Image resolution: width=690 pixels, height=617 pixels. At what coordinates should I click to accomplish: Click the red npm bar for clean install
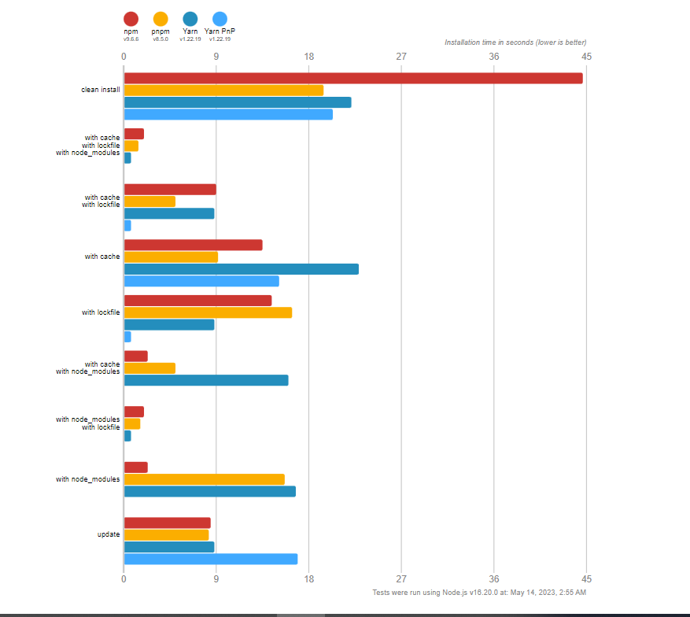tap(352, 78)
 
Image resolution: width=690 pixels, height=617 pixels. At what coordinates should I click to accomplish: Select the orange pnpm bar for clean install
tap(223, 90)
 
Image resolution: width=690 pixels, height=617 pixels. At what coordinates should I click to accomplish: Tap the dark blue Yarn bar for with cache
tap(241, 269)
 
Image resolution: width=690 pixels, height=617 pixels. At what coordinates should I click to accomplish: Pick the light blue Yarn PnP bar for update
tap(210, 559)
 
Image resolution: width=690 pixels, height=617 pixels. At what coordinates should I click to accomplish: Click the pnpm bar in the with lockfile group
tap(208, 312)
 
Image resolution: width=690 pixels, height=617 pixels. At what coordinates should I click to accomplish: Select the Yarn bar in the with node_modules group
tap(209, 491)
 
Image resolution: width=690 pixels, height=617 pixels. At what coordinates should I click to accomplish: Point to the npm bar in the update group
tap(167, 523)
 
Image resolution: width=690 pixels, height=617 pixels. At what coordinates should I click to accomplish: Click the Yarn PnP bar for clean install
tap(228, 114)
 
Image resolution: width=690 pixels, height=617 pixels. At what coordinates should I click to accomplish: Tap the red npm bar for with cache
tap(193, 245)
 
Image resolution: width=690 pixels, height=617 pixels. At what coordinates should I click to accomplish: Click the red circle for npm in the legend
tap(131, 19)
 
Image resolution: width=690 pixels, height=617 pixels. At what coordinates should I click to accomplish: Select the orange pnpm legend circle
tap(161, 19)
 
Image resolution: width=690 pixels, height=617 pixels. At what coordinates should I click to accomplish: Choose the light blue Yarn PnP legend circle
tap(220, 19)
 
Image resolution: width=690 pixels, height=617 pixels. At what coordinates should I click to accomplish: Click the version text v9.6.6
tap(131, 39)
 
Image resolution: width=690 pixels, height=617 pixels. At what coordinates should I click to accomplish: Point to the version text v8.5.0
tap(161, 39)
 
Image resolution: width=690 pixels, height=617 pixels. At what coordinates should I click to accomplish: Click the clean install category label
tap(101, 90)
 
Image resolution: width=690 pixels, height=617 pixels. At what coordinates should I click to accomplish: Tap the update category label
tap(109, 534)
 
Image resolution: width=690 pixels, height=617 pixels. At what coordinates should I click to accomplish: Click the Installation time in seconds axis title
tap(515, 42)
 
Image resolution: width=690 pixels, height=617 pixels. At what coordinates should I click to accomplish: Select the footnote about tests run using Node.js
tap(478, 592)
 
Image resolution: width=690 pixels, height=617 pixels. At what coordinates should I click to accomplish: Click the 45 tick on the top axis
tap(586, 57)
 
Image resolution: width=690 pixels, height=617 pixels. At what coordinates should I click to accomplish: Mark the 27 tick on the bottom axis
tap(401, 578)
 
